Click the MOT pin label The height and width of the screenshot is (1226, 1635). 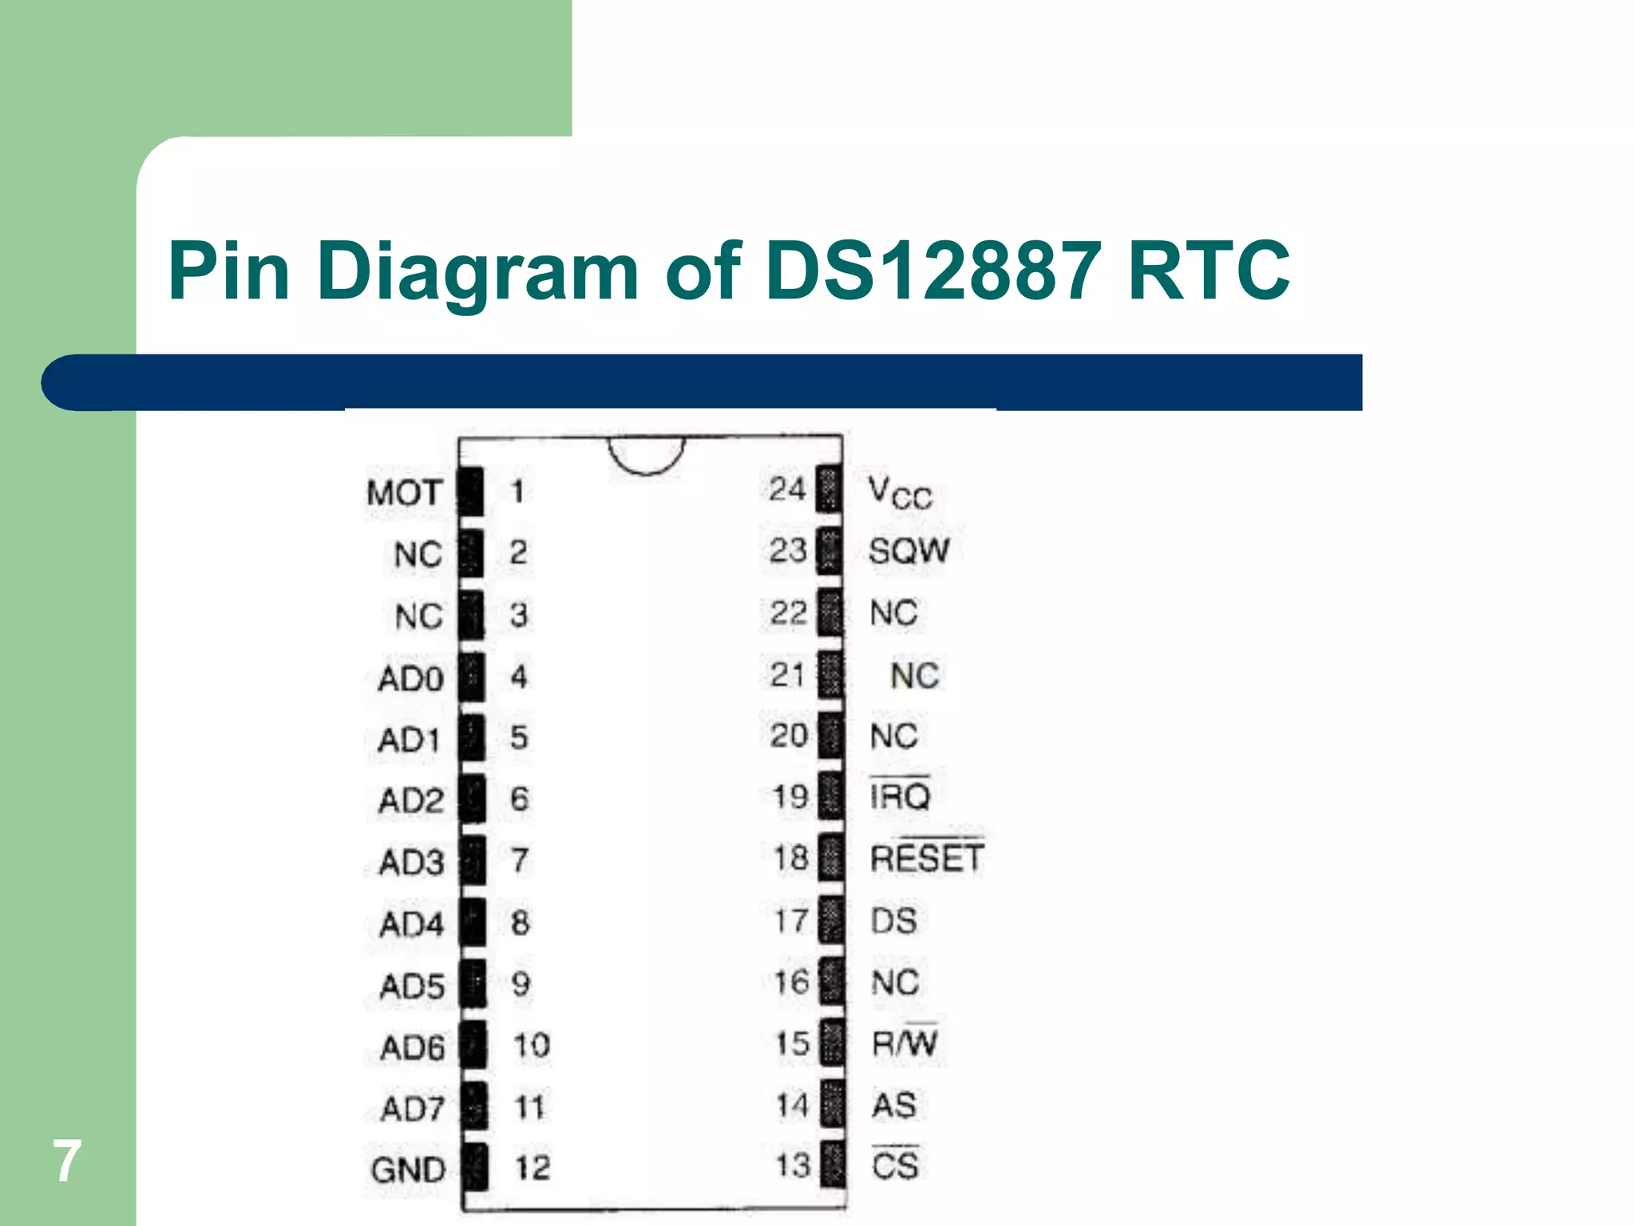[x=404, y=492]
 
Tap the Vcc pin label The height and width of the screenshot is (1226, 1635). [x=900, y=492]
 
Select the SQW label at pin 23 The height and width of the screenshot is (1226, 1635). [x=909, y=551]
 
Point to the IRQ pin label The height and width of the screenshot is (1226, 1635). [x=900, y=796]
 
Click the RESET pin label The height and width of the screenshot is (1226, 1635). [x=926, y=858]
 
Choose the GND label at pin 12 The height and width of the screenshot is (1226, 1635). [x=408, y=1170]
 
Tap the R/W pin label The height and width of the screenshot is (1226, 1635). [x=905, y=1043]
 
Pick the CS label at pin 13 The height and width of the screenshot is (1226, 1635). [x=895, y=1165]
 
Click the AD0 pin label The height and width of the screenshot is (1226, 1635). [x=410, y=679]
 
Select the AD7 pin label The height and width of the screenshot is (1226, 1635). [x=412, y=1109]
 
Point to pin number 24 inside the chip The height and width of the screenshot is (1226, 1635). [x=787, y=488]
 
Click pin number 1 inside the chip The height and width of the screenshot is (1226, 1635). [x=518, y=491]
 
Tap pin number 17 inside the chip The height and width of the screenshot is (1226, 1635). [x=791, y=920]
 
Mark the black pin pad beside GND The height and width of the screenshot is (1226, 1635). [x=475, y=1167]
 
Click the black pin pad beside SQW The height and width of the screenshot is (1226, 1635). [x=829, y=551]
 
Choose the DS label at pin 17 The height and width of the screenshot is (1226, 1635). [x=893, y=920]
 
